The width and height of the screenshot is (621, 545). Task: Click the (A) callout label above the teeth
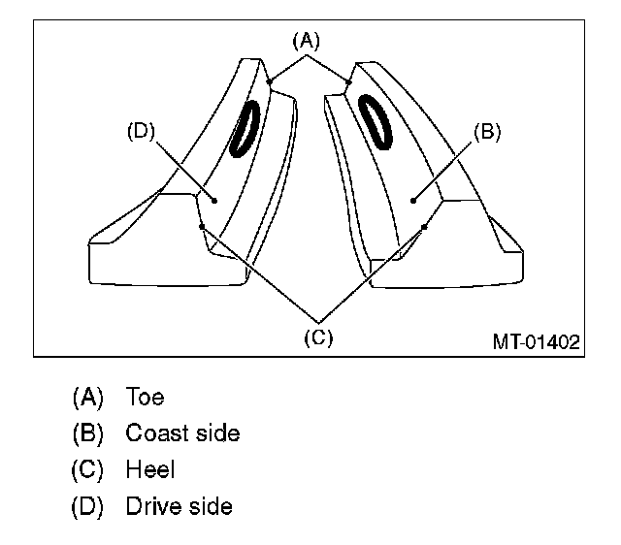[x=305, y=40]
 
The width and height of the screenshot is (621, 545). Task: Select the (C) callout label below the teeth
[x=318, y=337]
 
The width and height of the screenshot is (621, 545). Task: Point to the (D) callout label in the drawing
[x=143, y=133]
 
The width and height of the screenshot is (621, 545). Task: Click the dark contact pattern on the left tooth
[x=245, y=127]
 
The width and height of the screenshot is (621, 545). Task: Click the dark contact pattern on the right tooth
[x=376, y=120]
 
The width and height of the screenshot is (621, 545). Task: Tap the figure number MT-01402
[x=536, y=341]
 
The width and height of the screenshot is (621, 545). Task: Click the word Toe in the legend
[x=145, y=397]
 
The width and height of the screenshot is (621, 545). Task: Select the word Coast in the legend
[x=156, y=433]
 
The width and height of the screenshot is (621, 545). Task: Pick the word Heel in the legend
[x=150, y=470]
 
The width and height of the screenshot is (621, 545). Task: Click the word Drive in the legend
[x=153, y=506]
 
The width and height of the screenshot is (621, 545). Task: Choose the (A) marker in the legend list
[x=87, y=397]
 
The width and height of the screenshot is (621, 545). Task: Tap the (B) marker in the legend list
[x=87, y=433]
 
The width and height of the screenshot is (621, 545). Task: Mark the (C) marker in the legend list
[x=87, y=470]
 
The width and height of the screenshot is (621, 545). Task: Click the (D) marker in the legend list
[x=87, y=506]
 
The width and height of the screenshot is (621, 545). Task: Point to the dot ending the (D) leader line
[x=214, y=200]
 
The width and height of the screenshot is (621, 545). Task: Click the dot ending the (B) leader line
[x=413, y=201]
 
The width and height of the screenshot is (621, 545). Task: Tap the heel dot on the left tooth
[x=201, y=227]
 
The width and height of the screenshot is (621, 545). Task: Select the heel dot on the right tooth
[x=425, y=227]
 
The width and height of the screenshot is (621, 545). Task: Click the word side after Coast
[x=216, y=433]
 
